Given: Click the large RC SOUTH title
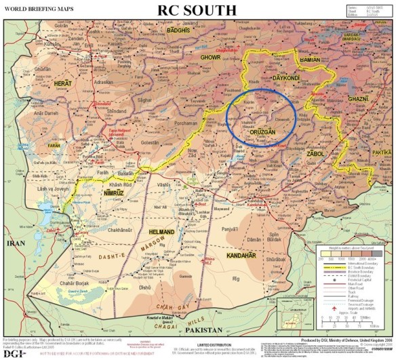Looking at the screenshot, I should tap(197, 11).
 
